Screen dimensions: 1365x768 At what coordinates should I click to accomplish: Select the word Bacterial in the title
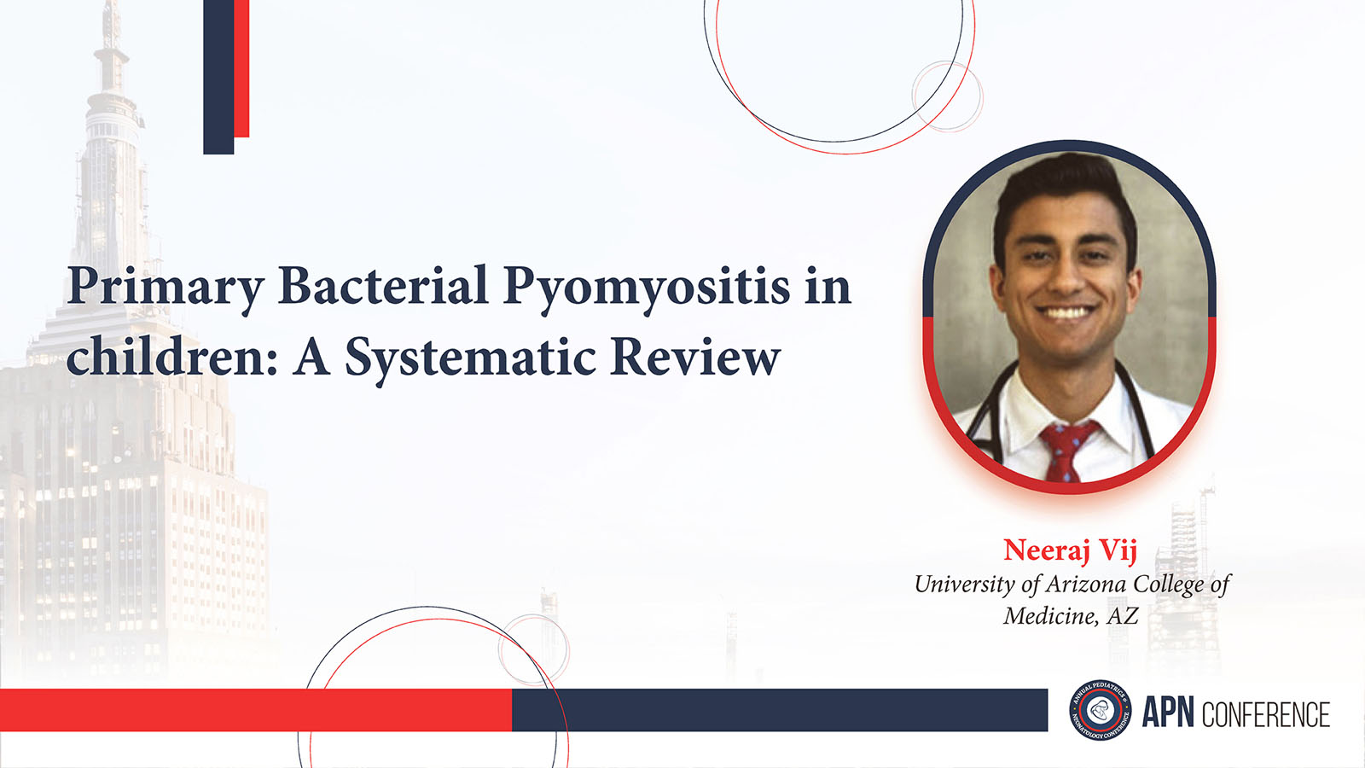(x=383, y=284)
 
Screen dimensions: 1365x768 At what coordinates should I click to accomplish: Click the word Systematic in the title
(x=470, y=358)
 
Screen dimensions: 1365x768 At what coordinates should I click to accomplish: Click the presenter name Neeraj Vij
(x=1070, y=550)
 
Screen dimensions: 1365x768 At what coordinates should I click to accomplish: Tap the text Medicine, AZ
(x=1071, y=615)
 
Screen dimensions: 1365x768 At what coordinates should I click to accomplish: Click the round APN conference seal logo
(x=1100, y=710)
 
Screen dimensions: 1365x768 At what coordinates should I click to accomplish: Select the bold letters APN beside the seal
(x=1168, y=713)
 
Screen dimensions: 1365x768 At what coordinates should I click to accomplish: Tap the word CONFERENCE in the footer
(x=1266, y=714)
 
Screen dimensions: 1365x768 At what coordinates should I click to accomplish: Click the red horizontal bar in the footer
(x=256, y=710)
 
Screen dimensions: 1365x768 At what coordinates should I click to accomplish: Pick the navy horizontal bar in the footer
(x=780, y=710)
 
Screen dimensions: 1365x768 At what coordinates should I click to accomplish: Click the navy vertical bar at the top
(x=218, y=77)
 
